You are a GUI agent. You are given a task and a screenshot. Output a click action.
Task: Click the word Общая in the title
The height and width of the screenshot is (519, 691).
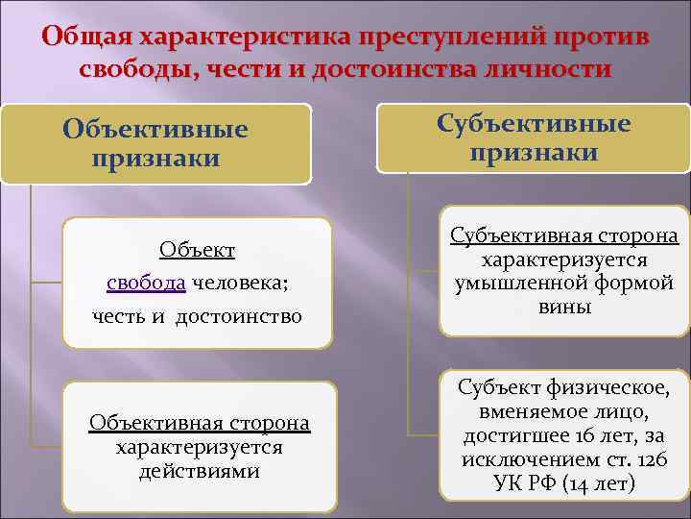(x=87, y=37)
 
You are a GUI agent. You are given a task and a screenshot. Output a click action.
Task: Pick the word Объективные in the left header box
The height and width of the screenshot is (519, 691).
(x=155, y=129)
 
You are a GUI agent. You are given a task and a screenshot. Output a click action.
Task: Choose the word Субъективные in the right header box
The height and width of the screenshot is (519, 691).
(x=534, y=124)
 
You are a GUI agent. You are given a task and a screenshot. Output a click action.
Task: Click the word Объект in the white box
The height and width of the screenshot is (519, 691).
(x=198, y=251)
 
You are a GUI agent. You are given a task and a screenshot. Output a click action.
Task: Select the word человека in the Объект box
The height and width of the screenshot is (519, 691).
(x=240, y=283)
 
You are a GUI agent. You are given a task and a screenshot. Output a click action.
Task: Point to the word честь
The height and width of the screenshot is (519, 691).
(x=116, y=315)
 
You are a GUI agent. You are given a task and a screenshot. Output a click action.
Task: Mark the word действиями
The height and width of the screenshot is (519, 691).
(x=199, y=471)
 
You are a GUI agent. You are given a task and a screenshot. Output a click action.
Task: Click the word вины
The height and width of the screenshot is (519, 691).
(x=564, y=307)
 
